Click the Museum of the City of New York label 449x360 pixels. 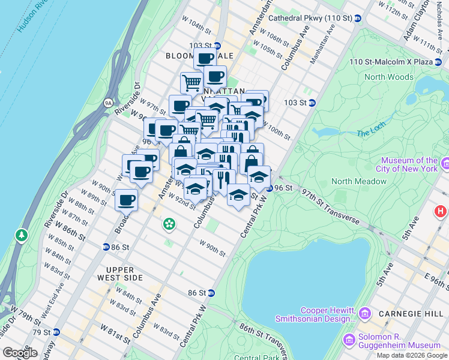coord(410,165)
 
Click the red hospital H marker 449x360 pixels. coord(441,211)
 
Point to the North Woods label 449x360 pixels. coord(388,77)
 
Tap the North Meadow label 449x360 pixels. coord(358,181)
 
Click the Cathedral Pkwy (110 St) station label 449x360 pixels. coord(310,18)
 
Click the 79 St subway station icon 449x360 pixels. coord(56,332)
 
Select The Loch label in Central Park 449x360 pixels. coord(369,133)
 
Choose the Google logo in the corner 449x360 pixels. coord(20,353)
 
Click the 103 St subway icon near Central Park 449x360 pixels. coord(312,103)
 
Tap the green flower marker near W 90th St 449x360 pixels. coord(170,224)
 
